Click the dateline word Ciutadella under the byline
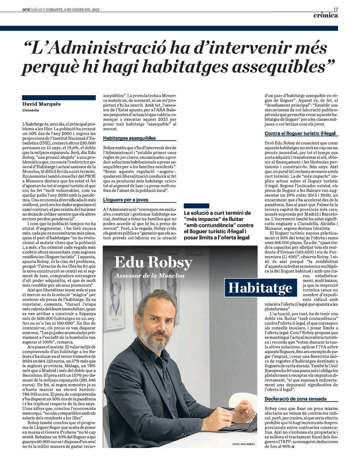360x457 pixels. click(32, 111)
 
